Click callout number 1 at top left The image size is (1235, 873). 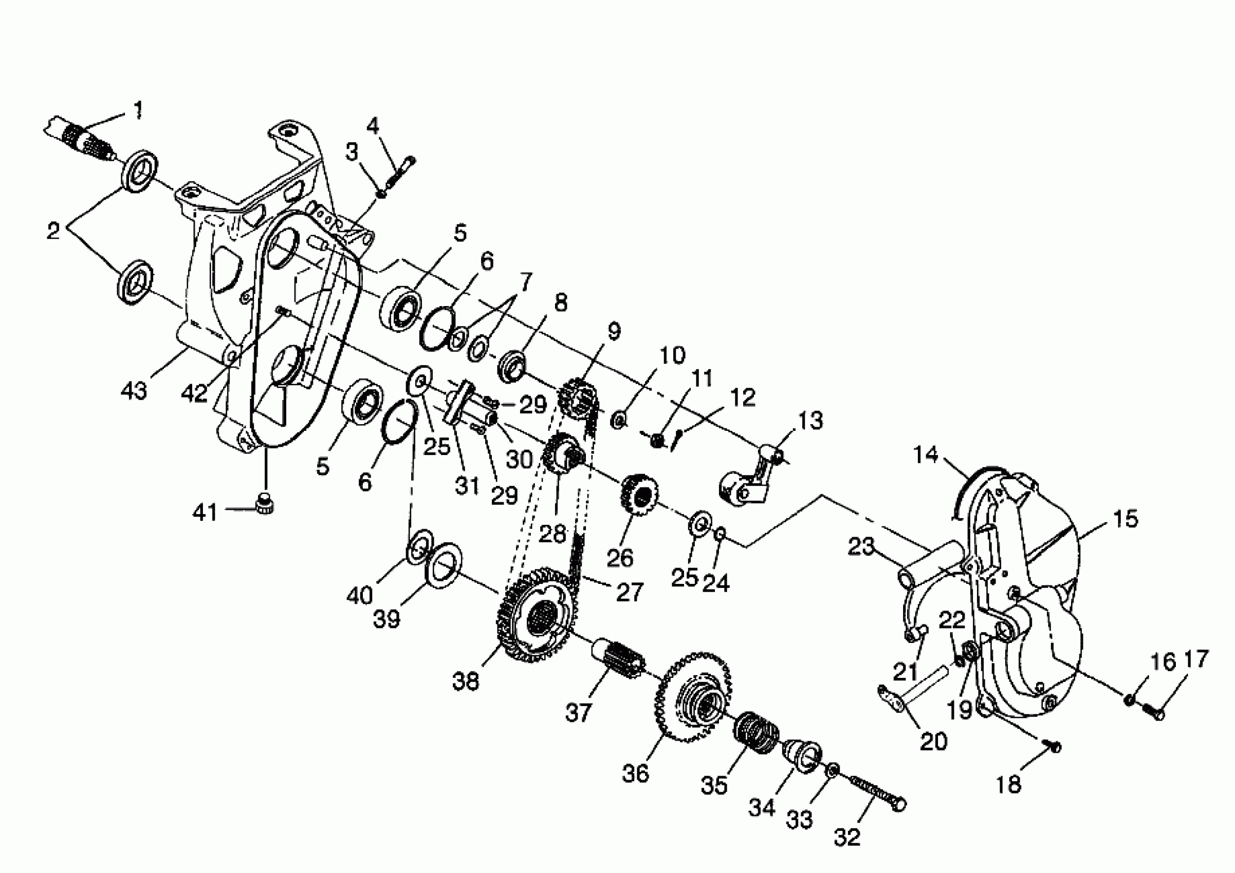(138, 110)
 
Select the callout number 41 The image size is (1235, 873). (205, 513)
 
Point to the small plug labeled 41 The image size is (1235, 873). (264, 505)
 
